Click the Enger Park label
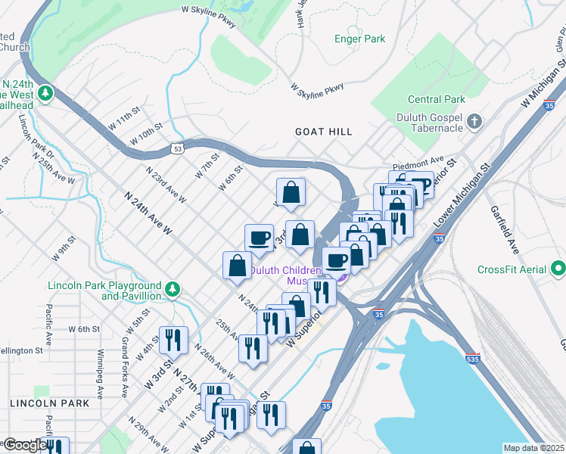pyautogui.click(x=360, y=39)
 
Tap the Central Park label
pyautogui.click(x=436, y=99)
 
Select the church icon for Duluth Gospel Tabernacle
pyautogui.click(x=474, y=121)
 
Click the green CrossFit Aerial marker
pyautogui.click(x=558, y=269)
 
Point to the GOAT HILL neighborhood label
pyautogui.click(x=323, y=132)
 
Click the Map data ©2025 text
pyautogui.click(x=533, y=448)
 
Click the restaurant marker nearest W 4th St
pyautogui.click(x=174, y=340)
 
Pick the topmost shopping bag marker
pyautogui.click(x=291, y=192)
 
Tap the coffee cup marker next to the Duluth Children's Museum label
pyautogui.click(x=337, y=260)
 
